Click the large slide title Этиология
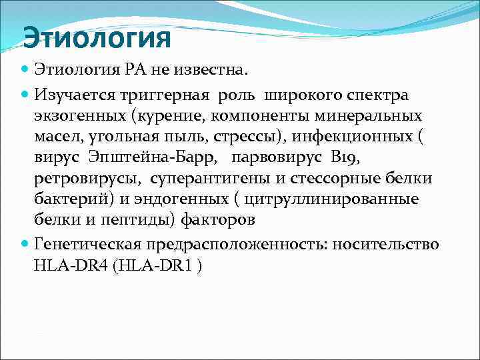(x=97, y=37)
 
